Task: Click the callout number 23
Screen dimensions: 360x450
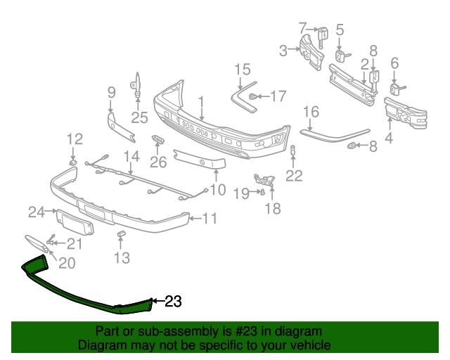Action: pyautogui.click(x=173, y=302)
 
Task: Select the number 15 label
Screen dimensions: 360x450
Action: pyautogui.click(x=242, y=69)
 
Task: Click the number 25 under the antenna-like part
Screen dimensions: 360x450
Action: pyautogui.click(x=139, y=117)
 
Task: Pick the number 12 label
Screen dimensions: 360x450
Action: pyautogui.click(x=75, y=139)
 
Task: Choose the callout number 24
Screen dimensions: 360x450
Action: pyautogui.click(x=36, y=211)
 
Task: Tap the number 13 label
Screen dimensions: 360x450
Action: pyautogui.click(x=122, y=258)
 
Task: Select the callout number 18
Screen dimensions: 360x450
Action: pyautogui.click(x=272, y=208)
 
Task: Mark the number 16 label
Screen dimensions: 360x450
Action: pyautogui.click(x=311, y=111)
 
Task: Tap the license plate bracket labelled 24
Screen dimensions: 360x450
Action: pyautogui.click(x=73, y=223)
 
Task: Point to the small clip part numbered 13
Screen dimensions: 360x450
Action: pyautogui.click(x=120, y=233)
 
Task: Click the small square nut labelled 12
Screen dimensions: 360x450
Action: pyautogui.click(x=73, y=163)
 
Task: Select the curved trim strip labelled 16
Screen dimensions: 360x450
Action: pyautogui.click(x=334, y=131)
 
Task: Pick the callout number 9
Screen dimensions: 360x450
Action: pyautogui.click(x=111, y=91)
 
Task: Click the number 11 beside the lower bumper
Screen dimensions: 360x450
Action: pyautogui.click(x=210, y=219)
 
